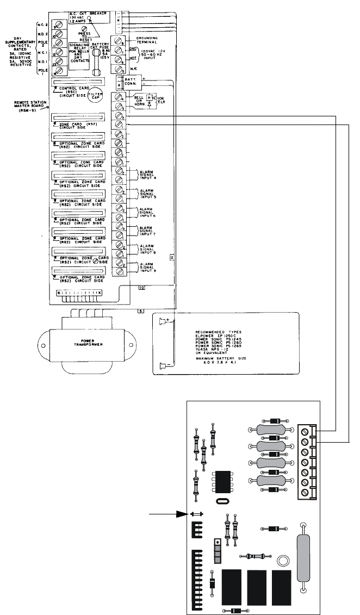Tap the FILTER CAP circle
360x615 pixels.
[x=96, y=95]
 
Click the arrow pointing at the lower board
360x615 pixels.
[x=169, y=513]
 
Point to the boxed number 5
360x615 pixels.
[x=140, y=311]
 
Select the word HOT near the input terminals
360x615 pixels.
[x=133, y=57]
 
